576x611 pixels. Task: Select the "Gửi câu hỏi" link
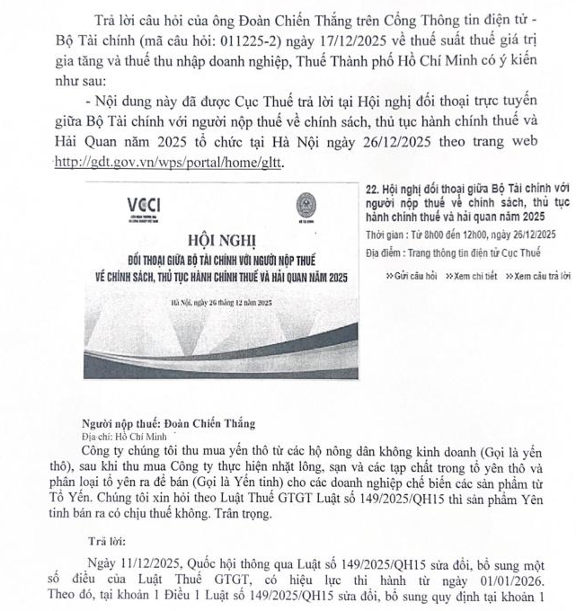[410, 276]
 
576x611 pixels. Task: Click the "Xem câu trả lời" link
[536, 276]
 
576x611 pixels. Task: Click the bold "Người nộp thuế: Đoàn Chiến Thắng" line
[167, 422]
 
